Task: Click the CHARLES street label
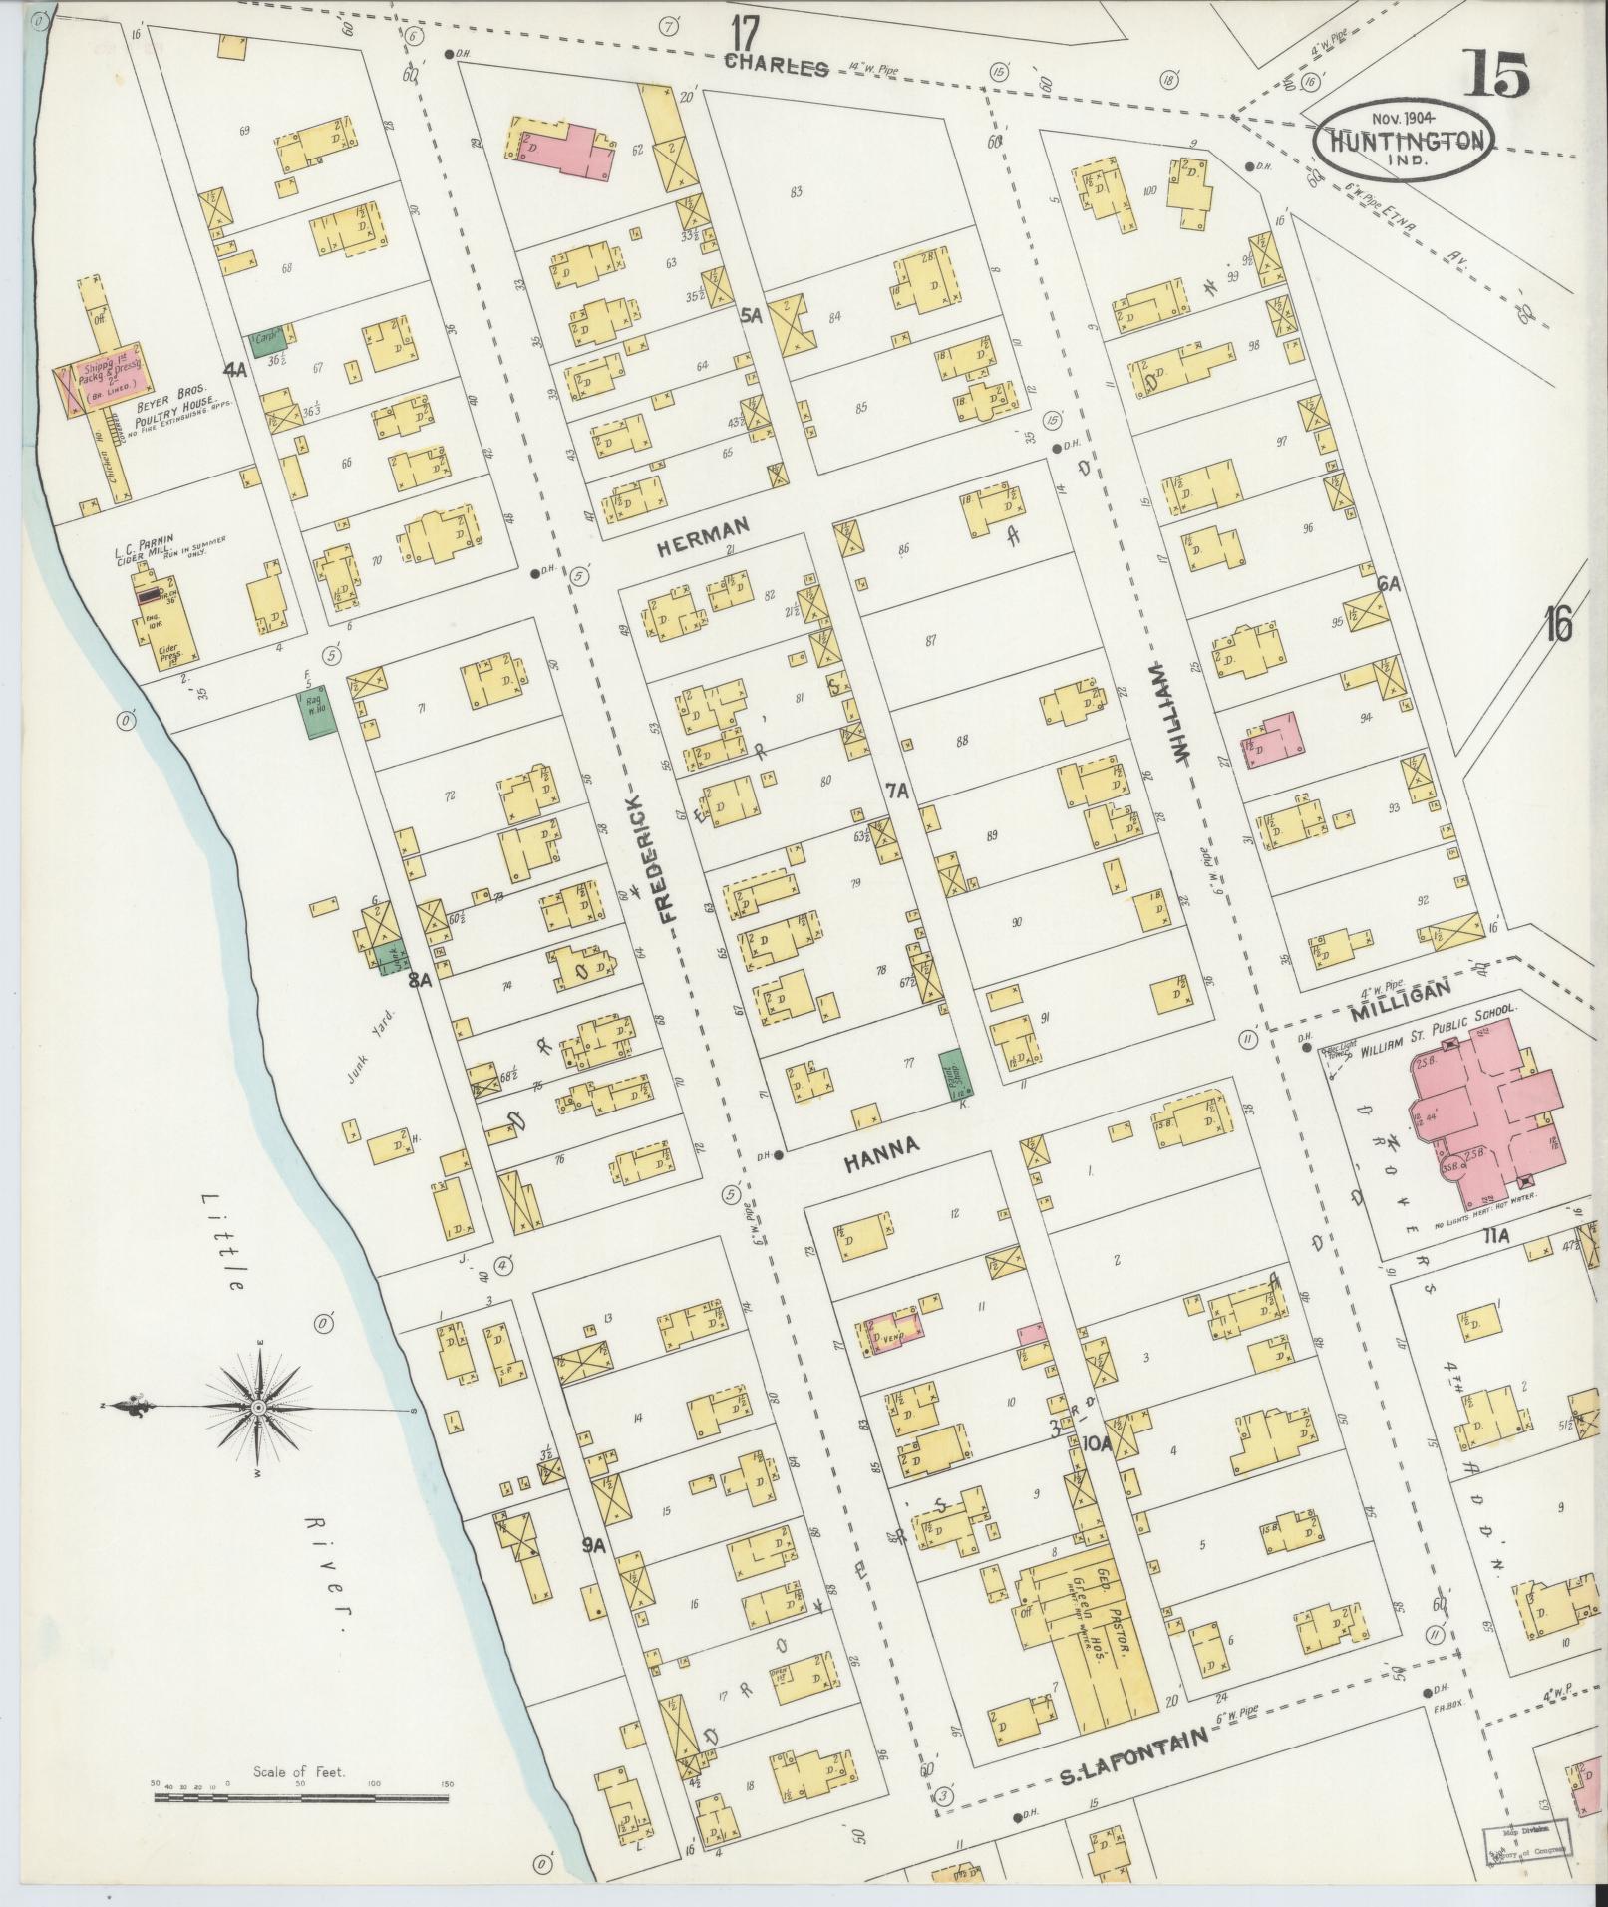pyautogui.click(x=777, y=67)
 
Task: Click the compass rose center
pyautogui.click(x=258, y=1406)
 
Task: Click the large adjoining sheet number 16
pyautogui.click(x=1558, y=626)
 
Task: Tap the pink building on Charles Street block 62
pyautogui.click(x=564, y=150)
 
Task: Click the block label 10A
pyautogui.click(x=1097, y=1442)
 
